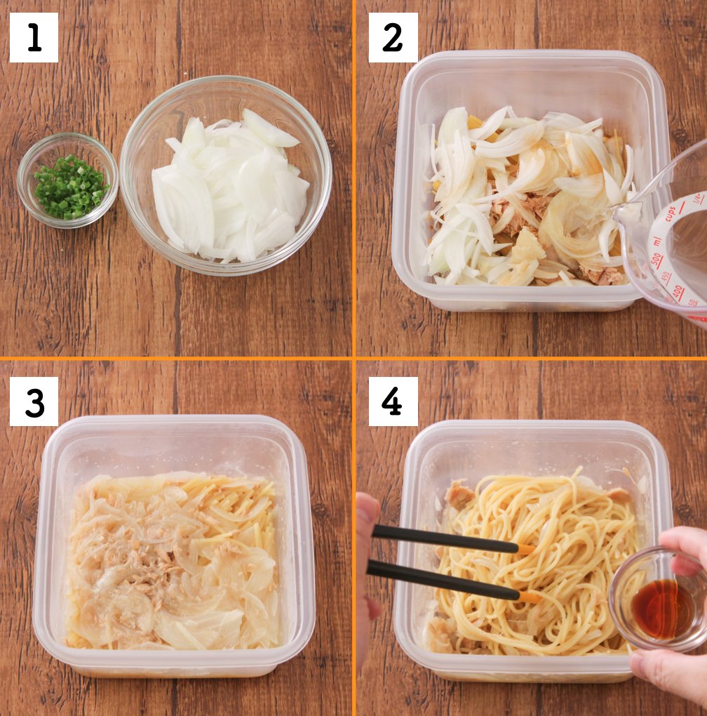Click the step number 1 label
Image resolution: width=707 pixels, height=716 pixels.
34,37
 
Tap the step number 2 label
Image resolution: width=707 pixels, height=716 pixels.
393,37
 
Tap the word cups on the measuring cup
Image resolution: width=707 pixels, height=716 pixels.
675,210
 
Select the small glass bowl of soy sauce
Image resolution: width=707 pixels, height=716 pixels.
656,600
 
